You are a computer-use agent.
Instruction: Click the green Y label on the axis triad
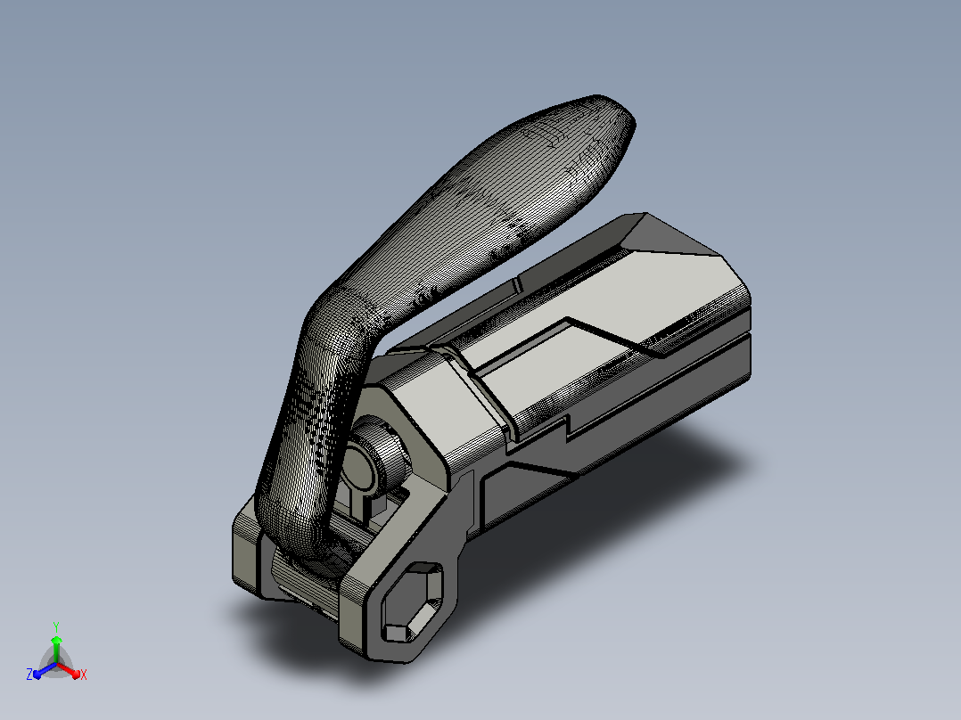pyautogui.click(x=56, y=627)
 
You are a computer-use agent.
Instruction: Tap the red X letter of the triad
pyautogui.click(x=84, y=675)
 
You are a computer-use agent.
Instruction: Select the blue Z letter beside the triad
pyautogui.click(x=29, y=675)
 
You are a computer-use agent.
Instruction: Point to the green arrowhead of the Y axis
pyautogui.click(x=56, y=641)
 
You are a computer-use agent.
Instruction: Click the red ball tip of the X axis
pyautogui.click(x=76, y=675)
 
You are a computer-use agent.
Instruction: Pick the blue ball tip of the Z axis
pyautogui.click(x=37, y=675)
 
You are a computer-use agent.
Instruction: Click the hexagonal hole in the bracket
pyautogui.click(x=412, y=601)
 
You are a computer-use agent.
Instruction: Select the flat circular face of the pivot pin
pyautogui.click(x=357, y=469)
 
